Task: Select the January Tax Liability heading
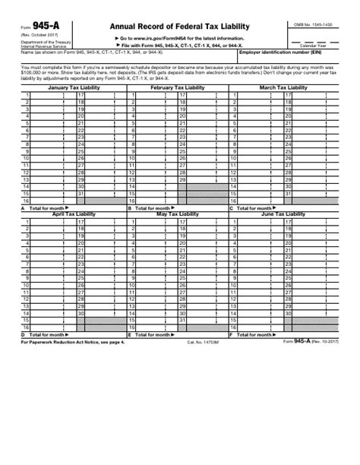(x=69, y=88)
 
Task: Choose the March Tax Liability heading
(x=284, y=88)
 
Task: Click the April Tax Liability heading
(x=69, y=215)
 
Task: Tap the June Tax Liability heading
(x=284, y=215)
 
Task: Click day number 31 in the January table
(x=80, y=193)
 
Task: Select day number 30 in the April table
(x=80, y=313)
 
